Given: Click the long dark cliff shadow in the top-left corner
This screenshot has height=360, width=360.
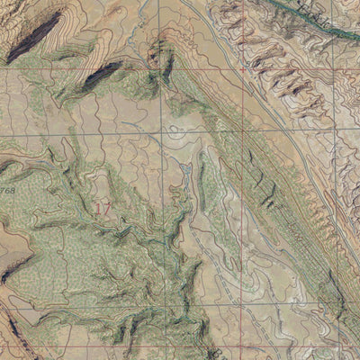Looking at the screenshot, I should pyautogui.click(x=34, y=36).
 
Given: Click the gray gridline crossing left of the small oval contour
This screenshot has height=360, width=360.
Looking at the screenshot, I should pyautogui.click(x=163, y=134).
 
